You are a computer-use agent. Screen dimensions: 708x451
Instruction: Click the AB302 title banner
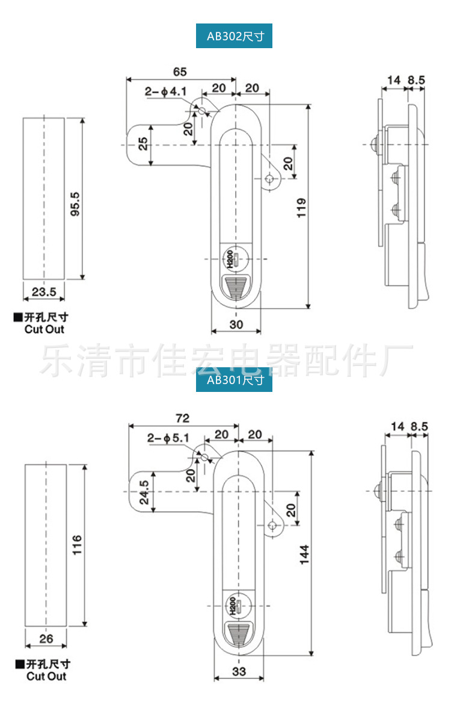235,36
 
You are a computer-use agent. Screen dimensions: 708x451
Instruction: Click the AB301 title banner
235,380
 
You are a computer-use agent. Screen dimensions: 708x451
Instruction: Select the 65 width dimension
179,72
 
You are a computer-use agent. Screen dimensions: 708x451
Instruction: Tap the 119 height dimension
302,208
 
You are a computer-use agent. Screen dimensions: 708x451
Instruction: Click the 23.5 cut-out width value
44,292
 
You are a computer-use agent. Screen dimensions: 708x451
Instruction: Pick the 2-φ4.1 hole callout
167,92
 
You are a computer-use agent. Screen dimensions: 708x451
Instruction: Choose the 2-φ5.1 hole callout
169,439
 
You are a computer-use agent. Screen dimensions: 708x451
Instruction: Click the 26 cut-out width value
46,639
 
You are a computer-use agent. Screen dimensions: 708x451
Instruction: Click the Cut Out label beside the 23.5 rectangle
44,329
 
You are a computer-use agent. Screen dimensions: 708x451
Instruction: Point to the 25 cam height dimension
143,144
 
